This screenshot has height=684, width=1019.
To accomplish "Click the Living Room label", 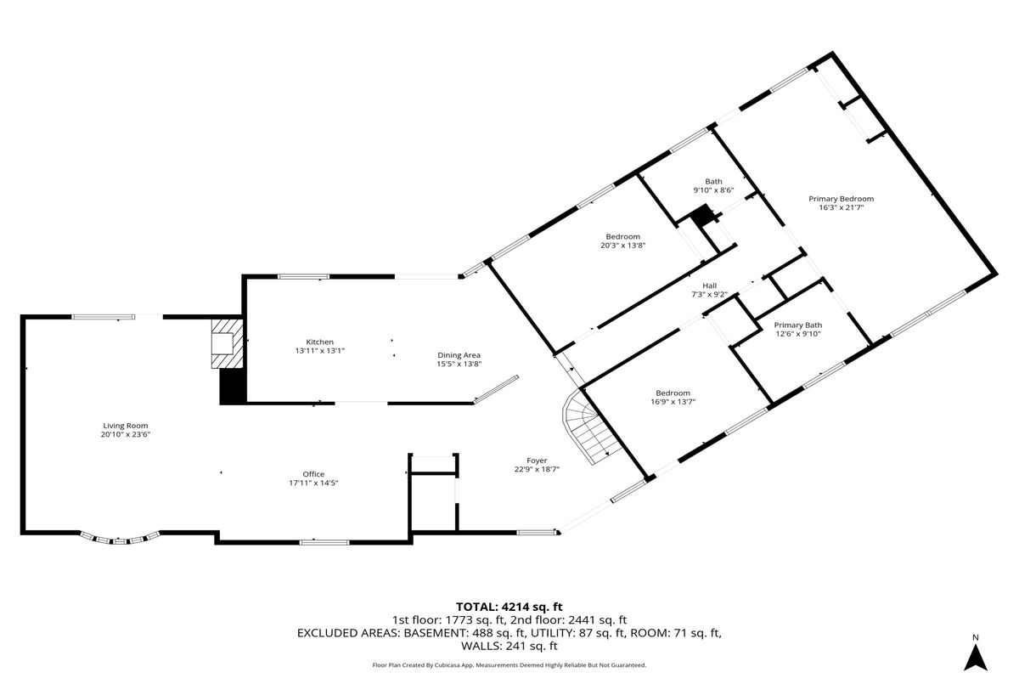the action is point(126,426).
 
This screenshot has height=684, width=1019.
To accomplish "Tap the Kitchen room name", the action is point(320,342).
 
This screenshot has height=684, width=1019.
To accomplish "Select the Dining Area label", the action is point(459,355).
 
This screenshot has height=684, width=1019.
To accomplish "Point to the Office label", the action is point(314,474).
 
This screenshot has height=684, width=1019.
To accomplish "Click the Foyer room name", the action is point(537,461).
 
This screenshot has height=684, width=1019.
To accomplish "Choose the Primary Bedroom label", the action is point(842,199).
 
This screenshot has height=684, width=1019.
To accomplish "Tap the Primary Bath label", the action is point(798,325).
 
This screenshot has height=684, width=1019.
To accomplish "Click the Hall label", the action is point(710,285).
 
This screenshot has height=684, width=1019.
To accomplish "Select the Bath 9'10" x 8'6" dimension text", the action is point(714,190).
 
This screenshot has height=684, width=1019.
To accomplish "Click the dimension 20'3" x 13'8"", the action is point(623,246).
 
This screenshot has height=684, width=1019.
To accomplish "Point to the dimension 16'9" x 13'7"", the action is point(673,402).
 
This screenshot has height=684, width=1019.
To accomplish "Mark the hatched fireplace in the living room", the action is point(227,343).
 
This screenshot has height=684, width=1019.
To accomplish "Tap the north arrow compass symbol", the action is point(976,658).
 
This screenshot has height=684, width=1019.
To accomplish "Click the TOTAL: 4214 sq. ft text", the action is point(509,607).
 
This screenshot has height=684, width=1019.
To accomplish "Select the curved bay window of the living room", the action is point(120,539).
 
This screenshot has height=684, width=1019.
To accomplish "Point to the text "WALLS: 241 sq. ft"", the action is point(509,646).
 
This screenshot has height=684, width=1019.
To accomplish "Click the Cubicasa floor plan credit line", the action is point(509,665).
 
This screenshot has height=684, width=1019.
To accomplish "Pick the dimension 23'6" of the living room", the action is point(139,434).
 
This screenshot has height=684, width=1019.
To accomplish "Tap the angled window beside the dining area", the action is point(496,389).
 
